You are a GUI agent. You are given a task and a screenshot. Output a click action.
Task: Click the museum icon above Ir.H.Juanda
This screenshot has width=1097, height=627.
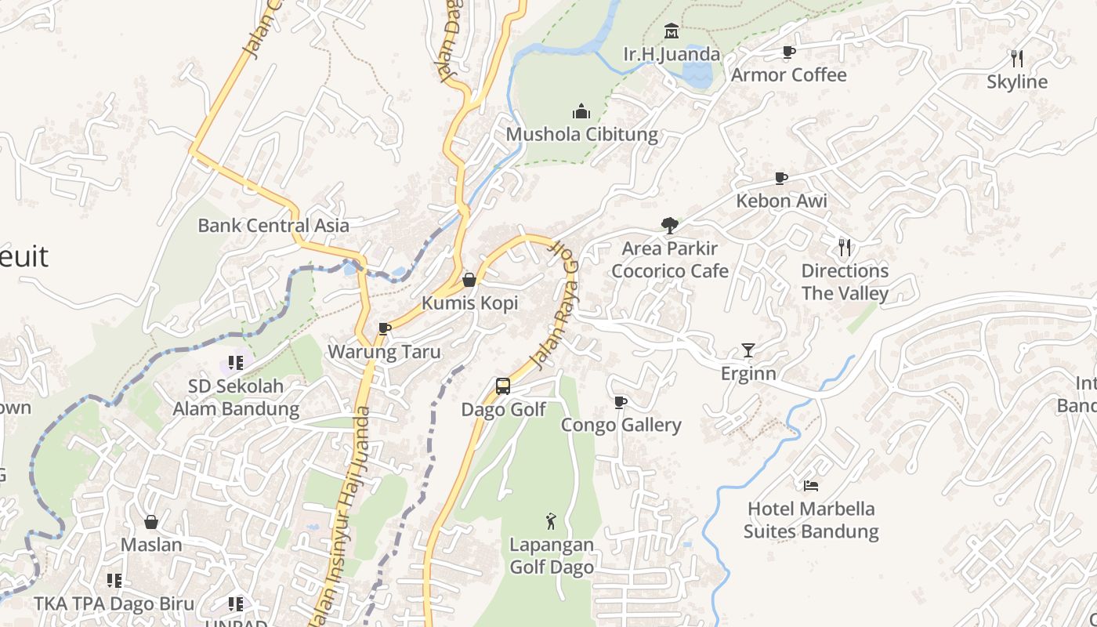tap(672, 31)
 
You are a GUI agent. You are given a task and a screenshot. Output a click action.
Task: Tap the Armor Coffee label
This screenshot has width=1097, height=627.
tap(788, 75)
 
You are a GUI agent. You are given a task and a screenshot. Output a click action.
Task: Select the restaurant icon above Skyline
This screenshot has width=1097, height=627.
tap(1017, 59)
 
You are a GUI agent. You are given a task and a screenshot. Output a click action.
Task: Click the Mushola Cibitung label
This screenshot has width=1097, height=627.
tap(581, 134)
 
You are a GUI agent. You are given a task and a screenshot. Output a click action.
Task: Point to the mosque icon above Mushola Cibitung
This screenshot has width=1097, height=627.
tap(581, 111)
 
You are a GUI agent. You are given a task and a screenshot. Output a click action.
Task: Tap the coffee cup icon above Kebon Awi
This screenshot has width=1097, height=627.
tap(780, 178)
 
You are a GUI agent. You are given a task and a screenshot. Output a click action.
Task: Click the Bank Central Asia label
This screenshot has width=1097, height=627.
tap(273, 226)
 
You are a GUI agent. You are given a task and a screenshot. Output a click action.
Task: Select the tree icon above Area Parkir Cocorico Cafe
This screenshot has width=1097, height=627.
tap(669, 226)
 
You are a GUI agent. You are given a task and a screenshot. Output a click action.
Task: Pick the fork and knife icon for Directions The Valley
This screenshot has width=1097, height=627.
tap(845, 248)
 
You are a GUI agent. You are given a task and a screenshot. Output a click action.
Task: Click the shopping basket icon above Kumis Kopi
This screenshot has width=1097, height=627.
tap(469, 280)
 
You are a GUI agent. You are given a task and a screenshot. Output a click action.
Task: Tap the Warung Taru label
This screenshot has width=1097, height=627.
tap(384, 352)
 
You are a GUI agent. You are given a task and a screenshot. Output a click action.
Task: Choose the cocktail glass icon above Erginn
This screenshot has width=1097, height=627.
tap(748, 350)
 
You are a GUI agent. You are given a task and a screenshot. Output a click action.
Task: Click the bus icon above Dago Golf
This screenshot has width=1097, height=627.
tap(503, 386)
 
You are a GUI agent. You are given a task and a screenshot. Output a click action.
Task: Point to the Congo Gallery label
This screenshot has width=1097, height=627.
tap(621, 426)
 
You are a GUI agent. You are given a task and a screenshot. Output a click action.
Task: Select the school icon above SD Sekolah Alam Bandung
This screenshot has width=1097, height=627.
tap(236, 363)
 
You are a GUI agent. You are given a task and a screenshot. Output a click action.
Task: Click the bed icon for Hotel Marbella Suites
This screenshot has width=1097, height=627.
tap(811, 486)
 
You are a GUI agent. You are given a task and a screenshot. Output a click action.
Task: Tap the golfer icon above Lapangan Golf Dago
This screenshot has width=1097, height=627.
tap(551, 520)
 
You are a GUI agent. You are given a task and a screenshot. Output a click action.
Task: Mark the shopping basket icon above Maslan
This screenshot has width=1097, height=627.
tap(151, 521)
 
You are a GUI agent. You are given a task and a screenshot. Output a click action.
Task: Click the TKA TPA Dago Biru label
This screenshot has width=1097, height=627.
tap(114, 604)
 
